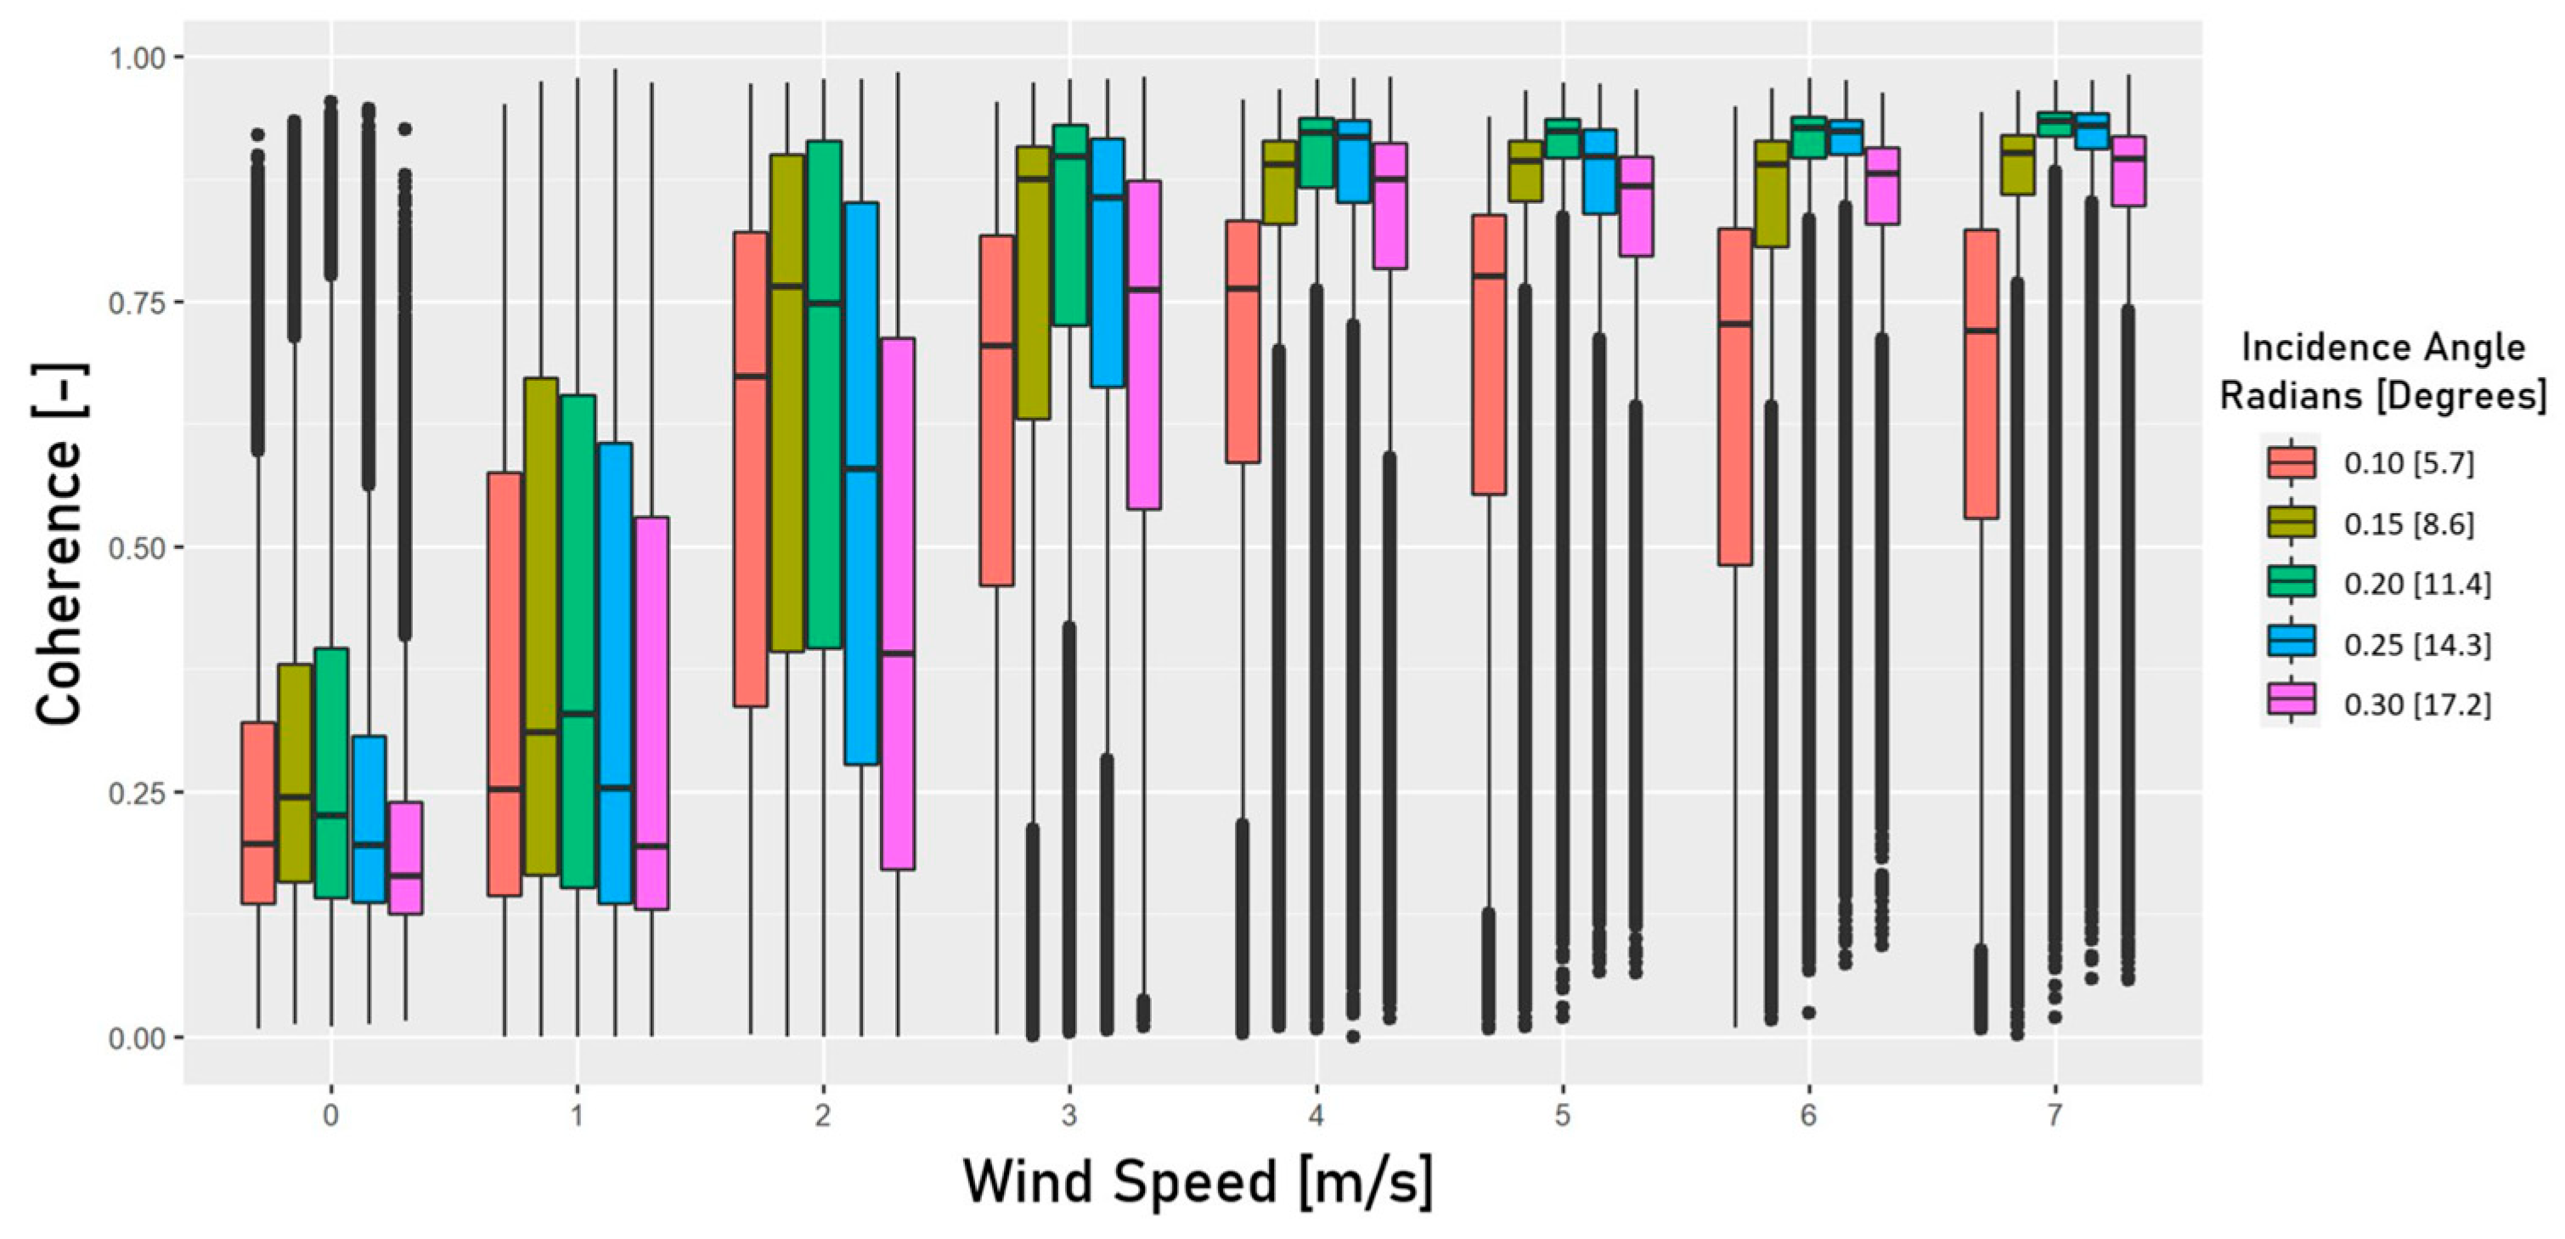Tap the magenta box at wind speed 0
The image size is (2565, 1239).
point(405,857)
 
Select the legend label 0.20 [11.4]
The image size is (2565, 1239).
point(2416,584)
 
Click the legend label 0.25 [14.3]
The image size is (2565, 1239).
point(2416,644)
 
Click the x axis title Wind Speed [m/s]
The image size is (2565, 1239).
point(1198,1182)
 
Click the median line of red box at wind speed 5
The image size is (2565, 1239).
point(1489,276)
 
